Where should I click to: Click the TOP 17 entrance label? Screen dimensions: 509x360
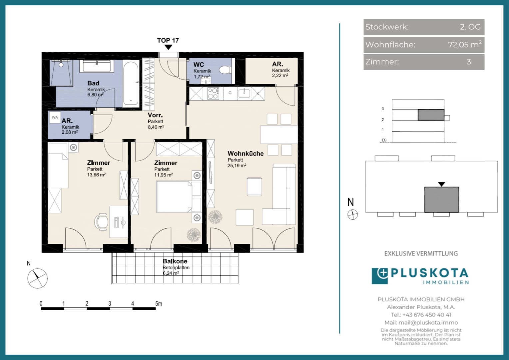point(168,40)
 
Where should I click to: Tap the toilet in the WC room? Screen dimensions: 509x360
point(225,70)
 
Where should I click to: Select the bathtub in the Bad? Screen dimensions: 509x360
point(131,83)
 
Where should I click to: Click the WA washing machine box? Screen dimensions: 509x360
point(55,117)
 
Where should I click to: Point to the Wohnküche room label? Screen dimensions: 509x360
point(246,154)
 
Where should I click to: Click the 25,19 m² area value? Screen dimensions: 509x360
point(237,166)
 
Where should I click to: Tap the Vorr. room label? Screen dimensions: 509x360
point(155,115)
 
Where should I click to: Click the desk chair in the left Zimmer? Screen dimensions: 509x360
point(101,222)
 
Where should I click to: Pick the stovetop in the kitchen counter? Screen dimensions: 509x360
point(214,93)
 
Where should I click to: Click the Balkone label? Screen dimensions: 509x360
point(175,261)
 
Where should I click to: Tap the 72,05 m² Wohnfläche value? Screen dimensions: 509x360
point(465,44)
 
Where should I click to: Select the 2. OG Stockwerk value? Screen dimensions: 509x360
point(470,27)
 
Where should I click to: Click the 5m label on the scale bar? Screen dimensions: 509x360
point(159,303)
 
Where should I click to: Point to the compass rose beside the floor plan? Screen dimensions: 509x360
point(38,278)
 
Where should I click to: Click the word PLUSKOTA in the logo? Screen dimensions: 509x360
point(429,273)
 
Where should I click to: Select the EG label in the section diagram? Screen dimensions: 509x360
point(384,140)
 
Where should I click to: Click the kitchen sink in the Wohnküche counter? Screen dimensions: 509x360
point(244,93)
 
